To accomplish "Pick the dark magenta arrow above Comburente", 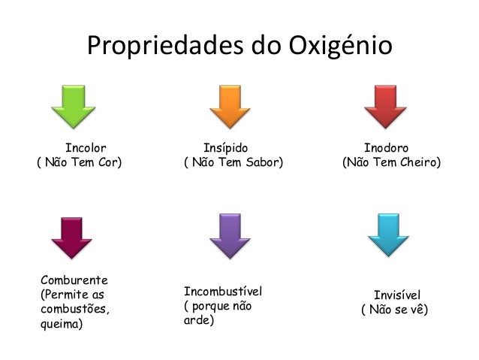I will (x=71, y=238).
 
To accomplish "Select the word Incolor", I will (x=86, y=148).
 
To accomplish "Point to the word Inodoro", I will (x=387, y=148).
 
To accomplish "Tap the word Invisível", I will (x=397, y=295).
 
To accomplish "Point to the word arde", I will (x=198, y=321).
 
